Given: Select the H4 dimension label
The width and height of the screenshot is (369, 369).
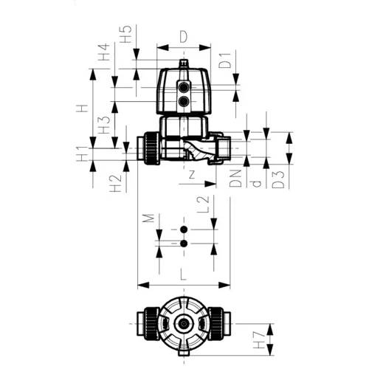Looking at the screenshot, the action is coord(103,52).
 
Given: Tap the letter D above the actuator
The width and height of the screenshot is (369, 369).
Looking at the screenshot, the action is coord(184,37).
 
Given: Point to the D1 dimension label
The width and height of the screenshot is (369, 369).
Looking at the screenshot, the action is coord(225,61).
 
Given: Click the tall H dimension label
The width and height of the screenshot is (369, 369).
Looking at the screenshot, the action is coord(82,108).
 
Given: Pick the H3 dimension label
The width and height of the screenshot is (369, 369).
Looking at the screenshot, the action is coord(104,125).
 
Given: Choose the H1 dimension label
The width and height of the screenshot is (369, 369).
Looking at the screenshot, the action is coord(82,154).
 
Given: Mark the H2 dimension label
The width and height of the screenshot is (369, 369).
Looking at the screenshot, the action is coord(116,183).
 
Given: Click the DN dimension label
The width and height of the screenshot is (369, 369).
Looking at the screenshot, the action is coord(235,179).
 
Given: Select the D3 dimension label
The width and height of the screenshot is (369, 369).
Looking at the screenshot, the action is coord(278,180).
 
